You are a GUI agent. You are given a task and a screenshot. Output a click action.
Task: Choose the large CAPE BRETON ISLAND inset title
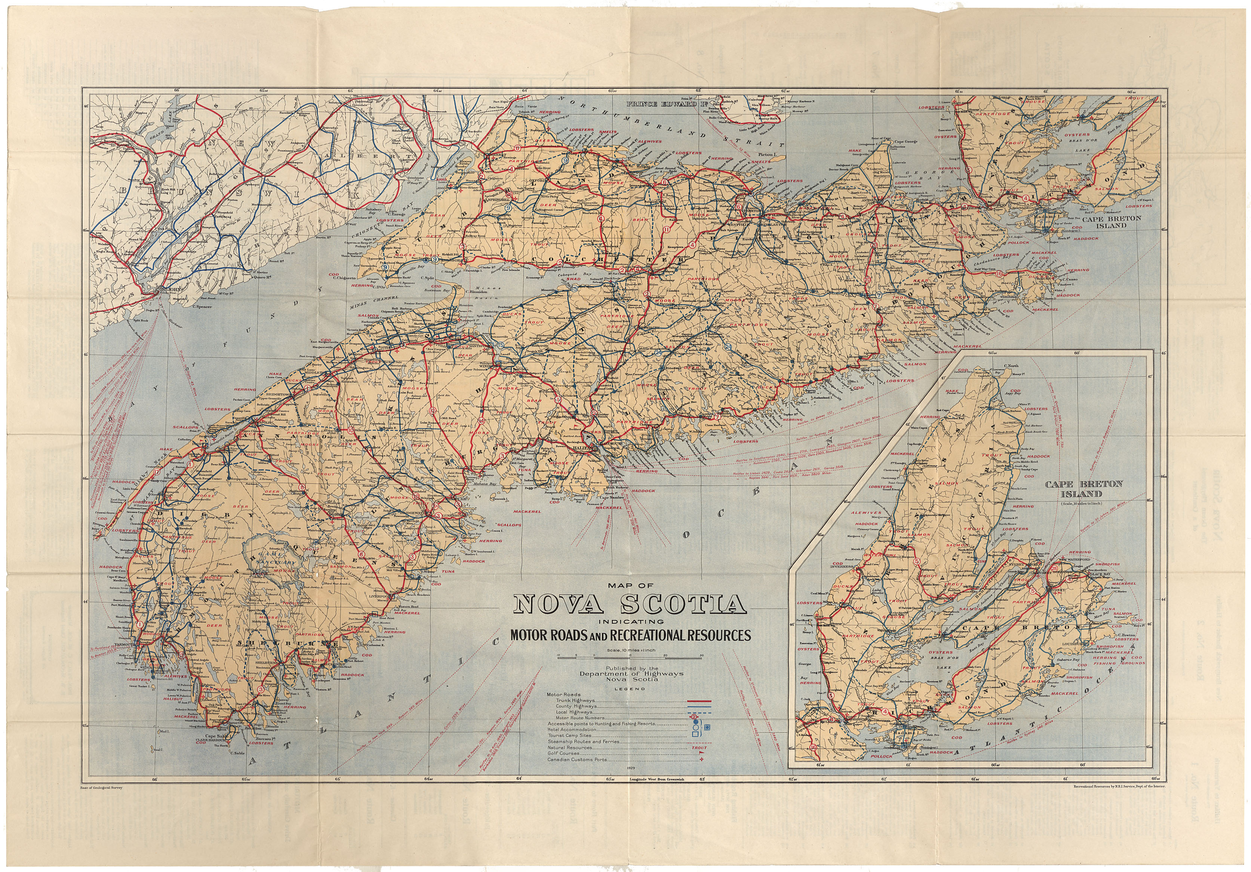point(1084,489)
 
